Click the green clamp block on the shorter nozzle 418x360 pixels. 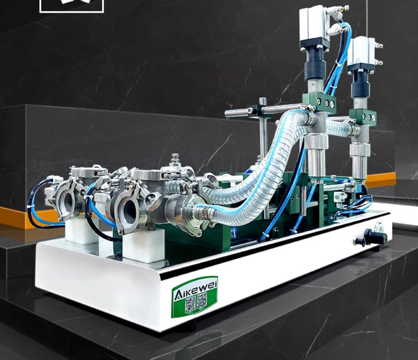[364, 116]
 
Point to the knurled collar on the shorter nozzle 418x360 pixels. [359, 150]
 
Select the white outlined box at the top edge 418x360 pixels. [72, 5]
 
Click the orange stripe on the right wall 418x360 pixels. [381, 180]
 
